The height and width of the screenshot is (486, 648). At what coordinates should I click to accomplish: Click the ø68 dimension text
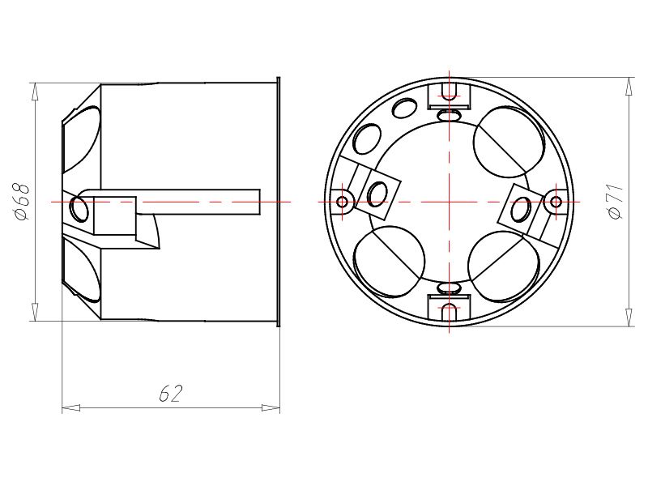(x=23, y=201)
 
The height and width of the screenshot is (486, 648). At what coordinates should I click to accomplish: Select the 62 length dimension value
(x=171, y=394)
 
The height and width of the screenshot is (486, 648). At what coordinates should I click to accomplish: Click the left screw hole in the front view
(x=341, y=201)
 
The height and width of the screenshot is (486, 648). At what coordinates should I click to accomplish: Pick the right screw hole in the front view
(x=556, y=201)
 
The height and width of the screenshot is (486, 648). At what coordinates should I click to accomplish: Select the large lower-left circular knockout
(x=390, y=262)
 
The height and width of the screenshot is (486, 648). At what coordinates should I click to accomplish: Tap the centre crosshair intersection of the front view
(x=448, y=201)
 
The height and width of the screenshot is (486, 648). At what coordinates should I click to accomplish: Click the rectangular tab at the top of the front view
(x=448, y=93)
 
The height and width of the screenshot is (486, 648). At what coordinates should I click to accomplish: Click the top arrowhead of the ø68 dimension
(x=34, y=92)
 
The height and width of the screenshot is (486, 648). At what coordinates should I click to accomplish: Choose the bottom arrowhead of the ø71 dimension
(x=629, y=317)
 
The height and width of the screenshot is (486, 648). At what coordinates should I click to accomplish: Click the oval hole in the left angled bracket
(x=377, y=193)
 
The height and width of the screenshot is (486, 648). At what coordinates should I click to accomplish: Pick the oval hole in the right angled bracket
(x=518, y=207)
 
